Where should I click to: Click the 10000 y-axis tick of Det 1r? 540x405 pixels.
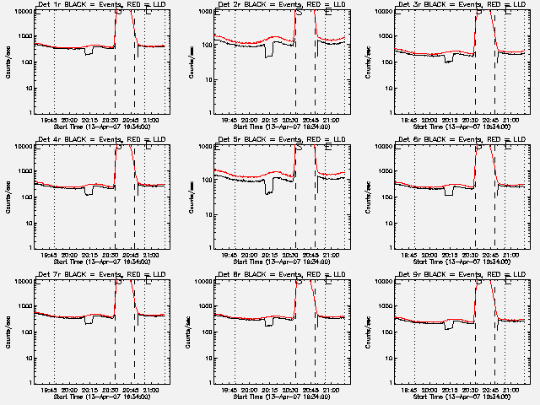pos(19,11)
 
